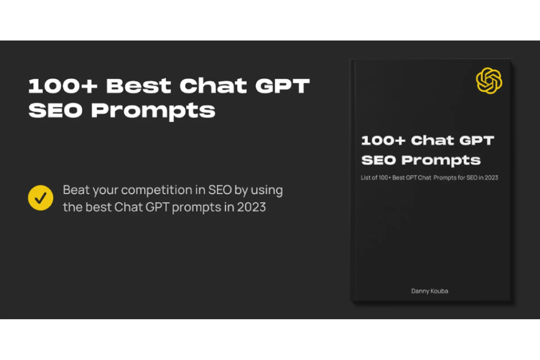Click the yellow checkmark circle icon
tap(40, 198)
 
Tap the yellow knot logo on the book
tap(489, 81)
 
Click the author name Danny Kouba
tap(429, 291)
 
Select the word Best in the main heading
tap(138, 86)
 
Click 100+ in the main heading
tap(63, 86)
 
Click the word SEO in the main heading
tap(55, 111)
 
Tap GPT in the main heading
tap(282, 86)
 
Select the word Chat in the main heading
tap(213, 86)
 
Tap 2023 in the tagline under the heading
tap(251, 208)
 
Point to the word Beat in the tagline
tap(76, 190)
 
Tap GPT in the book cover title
tap(477, 140)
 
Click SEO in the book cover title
tap(378, 160)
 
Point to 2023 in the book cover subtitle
tap(491, 178)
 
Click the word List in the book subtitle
tap(365, 178)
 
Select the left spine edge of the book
tap(352, 180)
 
